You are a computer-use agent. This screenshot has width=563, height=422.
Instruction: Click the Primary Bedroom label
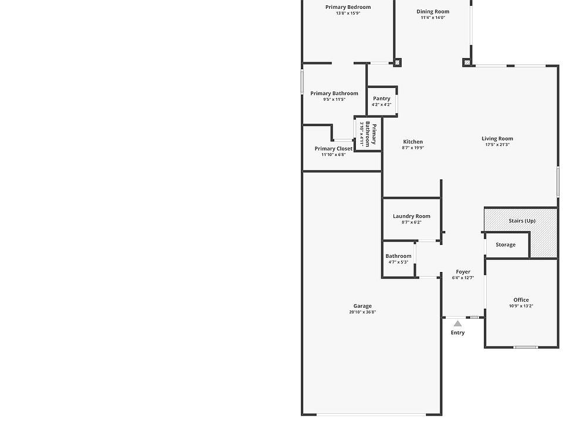348,7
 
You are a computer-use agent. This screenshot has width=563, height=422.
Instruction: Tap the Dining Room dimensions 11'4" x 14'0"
433,17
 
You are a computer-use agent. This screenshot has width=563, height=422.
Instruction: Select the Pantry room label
382,98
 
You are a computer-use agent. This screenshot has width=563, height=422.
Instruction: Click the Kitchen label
413,142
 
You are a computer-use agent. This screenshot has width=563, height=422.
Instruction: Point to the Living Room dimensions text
497,145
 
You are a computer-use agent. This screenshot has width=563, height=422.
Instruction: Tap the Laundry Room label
412,216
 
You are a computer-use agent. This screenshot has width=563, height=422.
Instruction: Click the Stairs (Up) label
522,221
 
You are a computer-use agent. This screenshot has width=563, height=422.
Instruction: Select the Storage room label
506,245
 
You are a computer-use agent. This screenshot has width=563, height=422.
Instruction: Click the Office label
521,300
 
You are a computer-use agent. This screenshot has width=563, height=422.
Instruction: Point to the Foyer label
463,272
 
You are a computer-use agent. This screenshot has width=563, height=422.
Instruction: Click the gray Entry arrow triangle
457,324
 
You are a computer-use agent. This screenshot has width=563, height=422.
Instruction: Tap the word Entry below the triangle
458,333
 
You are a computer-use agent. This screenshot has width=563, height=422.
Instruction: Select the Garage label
362,306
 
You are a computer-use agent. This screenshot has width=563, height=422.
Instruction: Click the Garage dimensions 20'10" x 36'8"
362,312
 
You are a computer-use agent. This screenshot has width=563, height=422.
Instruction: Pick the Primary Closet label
334,148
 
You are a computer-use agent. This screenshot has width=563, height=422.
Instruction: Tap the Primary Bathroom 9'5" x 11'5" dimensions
334,100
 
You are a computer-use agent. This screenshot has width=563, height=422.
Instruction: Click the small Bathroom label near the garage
399,256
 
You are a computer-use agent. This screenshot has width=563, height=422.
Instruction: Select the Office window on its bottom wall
525,347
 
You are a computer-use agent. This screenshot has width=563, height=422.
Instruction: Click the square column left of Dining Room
397,63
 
